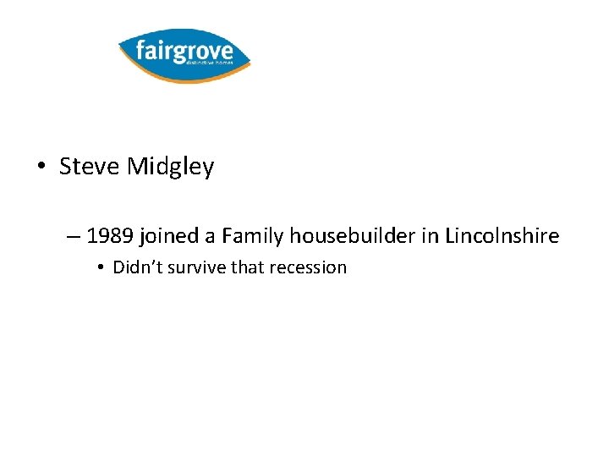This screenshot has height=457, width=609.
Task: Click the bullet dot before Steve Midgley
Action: click(41, 168)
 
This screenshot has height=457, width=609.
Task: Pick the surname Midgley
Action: click(170, 168)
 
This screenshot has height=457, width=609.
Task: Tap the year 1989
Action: click(107, 235)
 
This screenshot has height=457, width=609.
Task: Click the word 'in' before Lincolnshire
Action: click(427, 235)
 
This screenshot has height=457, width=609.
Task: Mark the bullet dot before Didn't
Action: click(100, 268)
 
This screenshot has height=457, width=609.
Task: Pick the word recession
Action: click(310, 267)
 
